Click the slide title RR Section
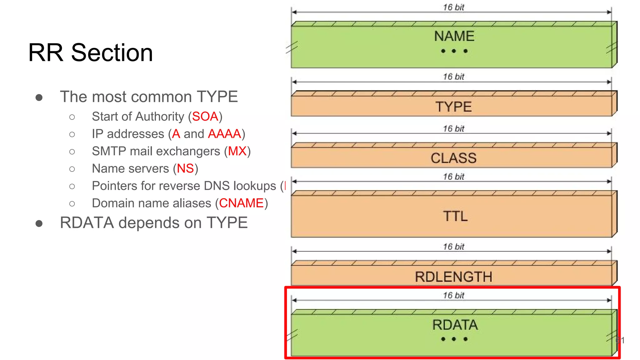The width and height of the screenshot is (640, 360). tap(91, 52)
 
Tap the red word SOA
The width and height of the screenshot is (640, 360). tap(205, 117)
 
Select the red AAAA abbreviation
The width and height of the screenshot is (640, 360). tap(224, 134)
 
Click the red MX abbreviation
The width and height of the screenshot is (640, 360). tap(237, 151)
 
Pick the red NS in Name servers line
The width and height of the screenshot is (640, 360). tap(185, 169)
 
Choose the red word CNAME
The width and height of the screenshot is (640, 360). tap(241, 203)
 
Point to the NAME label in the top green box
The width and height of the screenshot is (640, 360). tap(454, 36)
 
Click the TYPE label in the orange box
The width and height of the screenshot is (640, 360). tap(453, 107)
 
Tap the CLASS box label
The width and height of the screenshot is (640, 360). tap(453, 158)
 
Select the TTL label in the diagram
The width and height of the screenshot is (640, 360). tap(455, 216)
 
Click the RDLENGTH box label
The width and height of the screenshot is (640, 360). tap(453, 277)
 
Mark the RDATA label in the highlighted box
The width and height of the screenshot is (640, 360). tap(455, 325)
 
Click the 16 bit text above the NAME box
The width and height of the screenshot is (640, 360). tap(453, 7)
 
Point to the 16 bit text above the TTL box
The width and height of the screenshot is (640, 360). tap(453, 177)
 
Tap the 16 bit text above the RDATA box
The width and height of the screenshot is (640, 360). tap(453, 295)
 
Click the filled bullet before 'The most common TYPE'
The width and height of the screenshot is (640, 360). tap(39, 97)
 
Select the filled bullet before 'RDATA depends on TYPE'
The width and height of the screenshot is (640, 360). tap(39, 223)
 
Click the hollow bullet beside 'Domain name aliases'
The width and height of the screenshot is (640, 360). tap(72, 204)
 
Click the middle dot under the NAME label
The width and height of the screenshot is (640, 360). tap(454, 51)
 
